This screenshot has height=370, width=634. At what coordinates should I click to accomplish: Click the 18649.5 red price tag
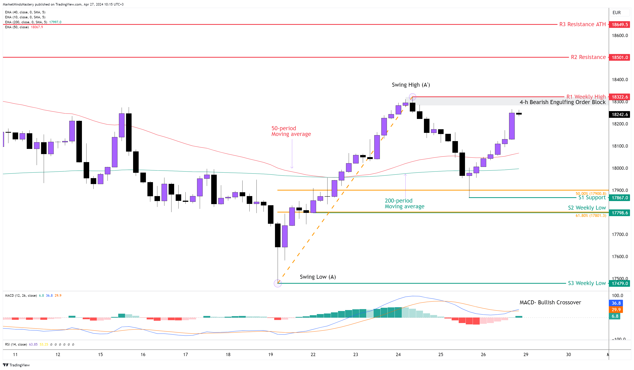pyautogui.click(x=619, y=24)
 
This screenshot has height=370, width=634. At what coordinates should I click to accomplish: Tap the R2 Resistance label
pyautogui.click(x=588, y=57)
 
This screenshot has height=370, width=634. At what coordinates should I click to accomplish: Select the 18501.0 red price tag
pyautogui.click(x=619, y=57)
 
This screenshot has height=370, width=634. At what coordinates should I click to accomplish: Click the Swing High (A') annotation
pyautogui.click(x=411, y=85)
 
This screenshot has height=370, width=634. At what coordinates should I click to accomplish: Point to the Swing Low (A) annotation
pyautogui.click(x=318, y=277)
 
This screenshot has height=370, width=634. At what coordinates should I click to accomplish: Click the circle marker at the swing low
pyautogui.click(x=277, y=284)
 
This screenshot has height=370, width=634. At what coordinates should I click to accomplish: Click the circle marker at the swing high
pyautogui.click(x=412, y=97)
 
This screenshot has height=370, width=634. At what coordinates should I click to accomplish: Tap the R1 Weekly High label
pyautogui.click(x=586, y=97)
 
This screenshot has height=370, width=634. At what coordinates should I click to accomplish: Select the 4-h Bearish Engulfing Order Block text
pyautogui.click(x=562, y=102)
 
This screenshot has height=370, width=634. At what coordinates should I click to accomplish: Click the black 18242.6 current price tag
pyautogui.click(x=619, y=114)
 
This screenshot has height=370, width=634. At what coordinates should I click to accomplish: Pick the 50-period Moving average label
pyautogui.click(x=291, y=131)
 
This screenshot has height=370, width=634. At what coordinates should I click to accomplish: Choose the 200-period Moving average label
pyautogui.click(x=404, y=204)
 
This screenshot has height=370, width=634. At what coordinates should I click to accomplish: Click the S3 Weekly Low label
pyautogui.click(x=586, y=283)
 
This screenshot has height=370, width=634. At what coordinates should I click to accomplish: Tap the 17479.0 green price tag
pyautogui.click(x=619, y=284)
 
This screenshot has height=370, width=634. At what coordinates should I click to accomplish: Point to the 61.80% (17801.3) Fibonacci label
pyautogui.click(x=590, y=216)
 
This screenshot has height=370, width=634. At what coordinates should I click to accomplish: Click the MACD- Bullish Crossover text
pyautogui.click(x=550, y=302)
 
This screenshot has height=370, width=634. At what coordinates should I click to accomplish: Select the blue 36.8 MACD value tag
pyautogui.click(x=616, y=303)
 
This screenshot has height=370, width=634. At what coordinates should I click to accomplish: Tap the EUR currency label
pyautogui.click(x=616, y=13)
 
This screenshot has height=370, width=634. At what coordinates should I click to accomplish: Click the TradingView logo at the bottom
pyautogui.click(x=16, y=365)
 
